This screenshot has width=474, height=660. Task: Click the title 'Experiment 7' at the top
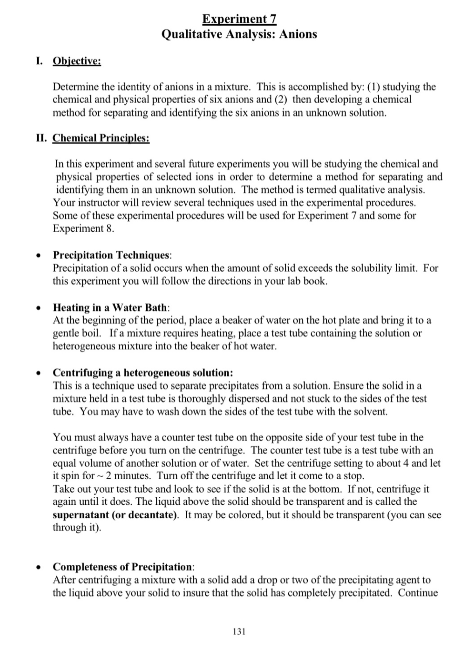(239, 19)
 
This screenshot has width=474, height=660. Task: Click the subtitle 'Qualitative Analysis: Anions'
(239, 34)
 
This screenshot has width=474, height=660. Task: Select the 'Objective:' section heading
(77, 61)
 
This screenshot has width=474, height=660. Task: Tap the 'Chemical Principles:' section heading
(101, 138)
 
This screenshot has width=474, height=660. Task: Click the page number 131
(239, 631)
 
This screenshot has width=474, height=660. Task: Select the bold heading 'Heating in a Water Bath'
(111, 307)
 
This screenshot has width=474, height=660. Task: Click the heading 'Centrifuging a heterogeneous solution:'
(142, 372)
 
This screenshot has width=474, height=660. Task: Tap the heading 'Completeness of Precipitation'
(122, 567)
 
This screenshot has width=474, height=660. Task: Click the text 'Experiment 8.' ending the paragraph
(83, 228)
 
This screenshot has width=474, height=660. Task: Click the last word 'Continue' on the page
(418, 593)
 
